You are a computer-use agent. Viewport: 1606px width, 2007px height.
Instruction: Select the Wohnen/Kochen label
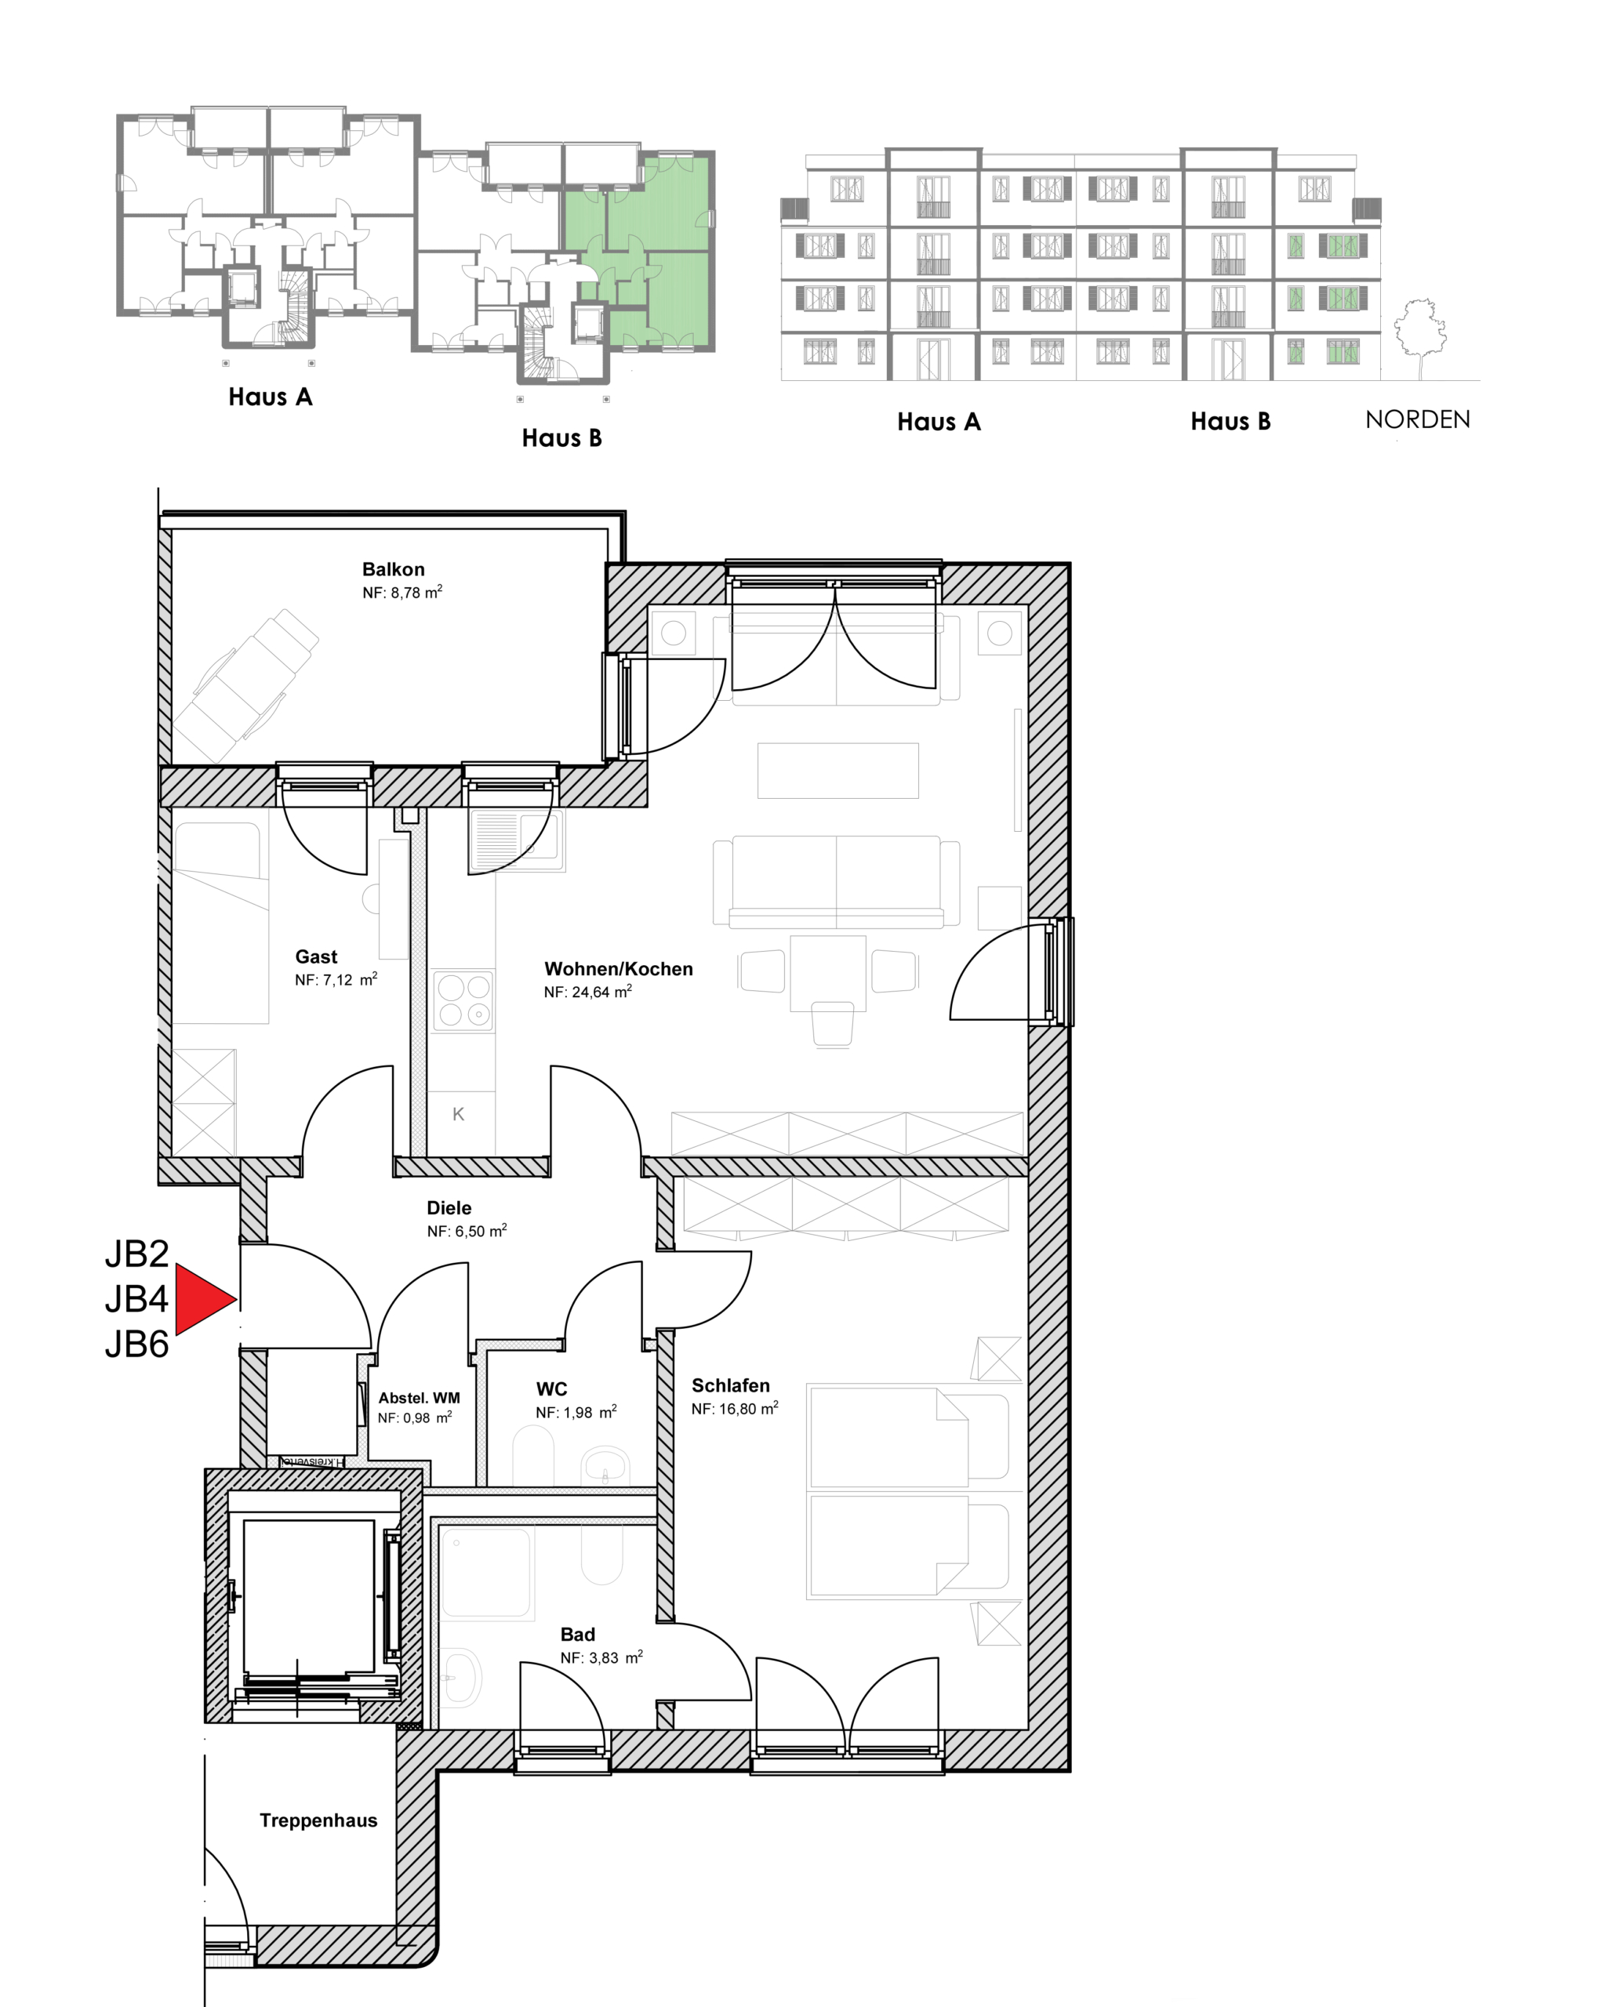tap(618, 968)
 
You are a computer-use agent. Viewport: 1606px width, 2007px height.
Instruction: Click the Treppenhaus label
tap(318, 1820)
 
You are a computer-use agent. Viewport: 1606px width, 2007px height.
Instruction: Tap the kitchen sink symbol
tap(517, 839)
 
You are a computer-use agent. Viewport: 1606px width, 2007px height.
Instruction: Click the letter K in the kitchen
tap(458, 1113)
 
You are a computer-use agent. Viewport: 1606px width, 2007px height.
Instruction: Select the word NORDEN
tap(1417, 420)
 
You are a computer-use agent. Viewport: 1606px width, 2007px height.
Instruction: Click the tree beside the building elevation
tap(1420, 338)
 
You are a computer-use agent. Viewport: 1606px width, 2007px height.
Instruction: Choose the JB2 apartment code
tap(137, 1253)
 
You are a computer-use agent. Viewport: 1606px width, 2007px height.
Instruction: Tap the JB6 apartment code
tap(137, 1345)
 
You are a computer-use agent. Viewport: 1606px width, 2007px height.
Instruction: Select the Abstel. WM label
tap(419, 1397)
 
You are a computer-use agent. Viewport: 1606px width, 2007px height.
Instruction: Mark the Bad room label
tap(577, 1634)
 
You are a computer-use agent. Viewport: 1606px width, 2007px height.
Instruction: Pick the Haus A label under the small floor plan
tap(270, 397)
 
